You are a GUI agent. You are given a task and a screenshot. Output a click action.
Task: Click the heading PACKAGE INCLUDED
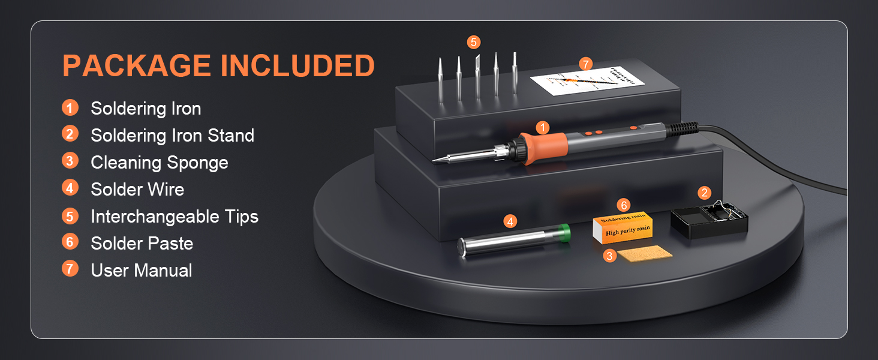pos(218,66)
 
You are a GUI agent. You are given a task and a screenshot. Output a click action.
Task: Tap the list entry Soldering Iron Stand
pos(172,136)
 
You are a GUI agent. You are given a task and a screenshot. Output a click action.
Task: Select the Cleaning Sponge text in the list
pos(159,163)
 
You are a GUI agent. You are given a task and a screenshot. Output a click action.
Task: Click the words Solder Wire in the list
pos(137,190)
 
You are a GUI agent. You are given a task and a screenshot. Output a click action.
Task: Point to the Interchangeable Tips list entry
pos(175,217)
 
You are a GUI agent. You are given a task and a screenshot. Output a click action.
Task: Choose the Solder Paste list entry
pos(142,244)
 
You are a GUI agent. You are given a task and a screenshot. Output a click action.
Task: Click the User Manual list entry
pos(142,271)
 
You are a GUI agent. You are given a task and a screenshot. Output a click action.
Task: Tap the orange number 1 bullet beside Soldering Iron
pos(70,108)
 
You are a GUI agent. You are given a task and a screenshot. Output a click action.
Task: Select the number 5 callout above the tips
pos(474,42)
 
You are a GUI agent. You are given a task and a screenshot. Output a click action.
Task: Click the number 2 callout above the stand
pos(705,193)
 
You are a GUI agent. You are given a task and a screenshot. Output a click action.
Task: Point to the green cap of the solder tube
pos(564,233)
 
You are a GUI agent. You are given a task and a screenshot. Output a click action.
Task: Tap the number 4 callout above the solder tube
pos(510,221)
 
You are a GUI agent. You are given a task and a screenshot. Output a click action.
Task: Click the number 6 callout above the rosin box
pos(624,206)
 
